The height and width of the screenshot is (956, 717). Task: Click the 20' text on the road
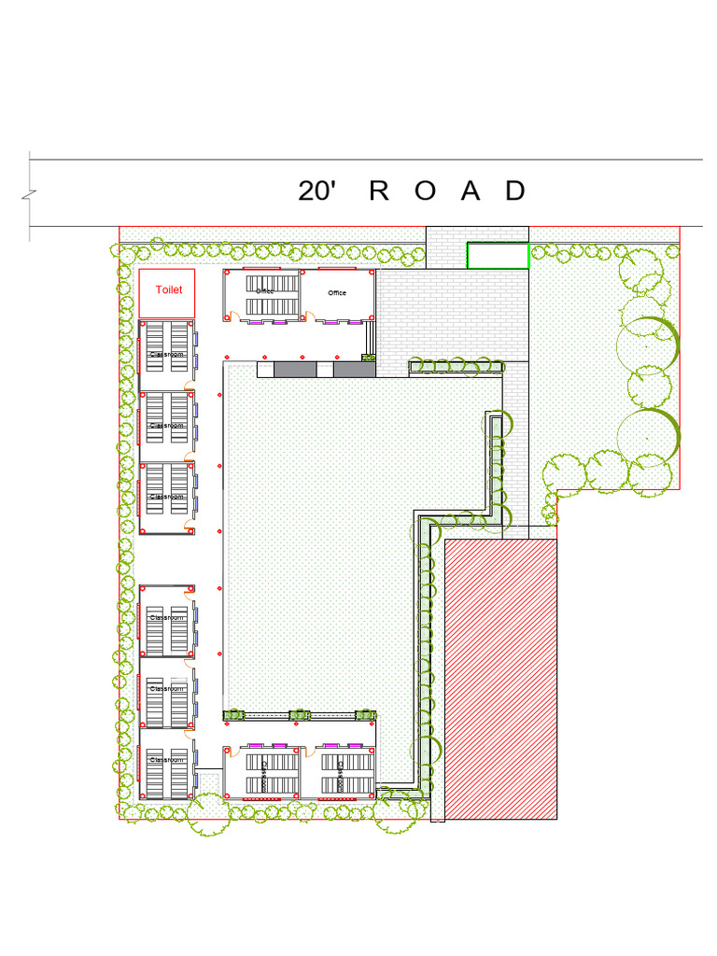pos(316,191)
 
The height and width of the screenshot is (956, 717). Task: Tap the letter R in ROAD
pos(379,191)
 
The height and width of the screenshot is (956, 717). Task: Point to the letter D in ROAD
pos(515,191)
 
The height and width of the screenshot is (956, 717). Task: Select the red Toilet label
pos(169,289)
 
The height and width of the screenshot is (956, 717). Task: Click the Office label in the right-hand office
pos(337,293)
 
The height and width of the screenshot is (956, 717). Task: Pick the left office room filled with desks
pos(262,295)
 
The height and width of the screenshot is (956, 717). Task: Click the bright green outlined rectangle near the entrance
pos(498,255)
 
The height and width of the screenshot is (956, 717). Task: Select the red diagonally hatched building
pos(500,679)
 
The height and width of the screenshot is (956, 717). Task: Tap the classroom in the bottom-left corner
pos(167,770)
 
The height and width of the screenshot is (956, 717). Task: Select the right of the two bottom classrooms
pos(341,772)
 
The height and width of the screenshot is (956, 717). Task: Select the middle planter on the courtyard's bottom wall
pos(299,716)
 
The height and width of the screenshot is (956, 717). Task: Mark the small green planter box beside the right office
pos(369,357)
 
